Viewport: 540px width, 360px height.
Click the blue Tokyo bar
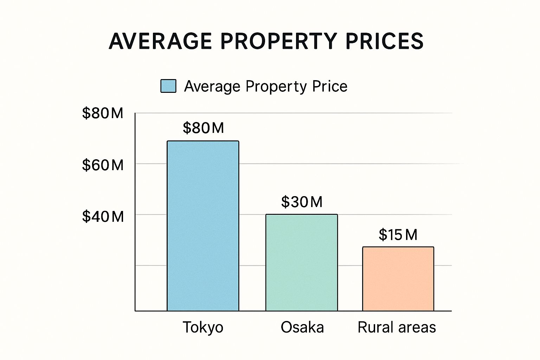[203, 226]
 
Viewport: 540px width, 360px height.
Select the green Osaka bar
[301, 263]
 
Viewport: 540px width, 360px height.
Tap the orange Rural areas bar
[398, 279]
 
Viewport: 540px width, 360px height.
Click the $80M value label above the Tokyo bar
[203, 128]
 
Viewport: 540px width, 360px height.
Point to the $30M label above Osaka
[302, 202]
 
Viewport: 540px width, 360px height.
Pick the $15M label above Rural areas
[398, 234]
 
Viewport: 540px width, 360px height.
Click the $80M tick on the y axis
[103, 113]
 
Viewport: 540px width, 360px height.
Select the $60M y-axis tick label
[103, 165]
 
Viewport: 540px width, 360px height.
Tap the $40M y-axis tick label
[103, 216]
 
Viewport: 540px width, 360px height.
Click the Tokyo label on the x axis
[203, 327]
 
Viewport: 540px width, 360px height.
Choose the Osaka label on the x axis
[302, 327]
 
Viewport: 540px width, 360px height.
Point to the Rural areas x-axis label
[397, 327]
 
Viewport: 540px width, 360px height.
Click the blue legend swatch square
[168, 86]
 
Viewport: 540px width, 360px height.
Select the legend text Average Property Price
[265, 86]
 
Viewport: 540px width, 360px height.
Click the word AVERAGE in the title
[160, 41]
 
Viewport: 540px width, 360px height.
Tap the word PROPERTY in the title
[278, 41]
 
